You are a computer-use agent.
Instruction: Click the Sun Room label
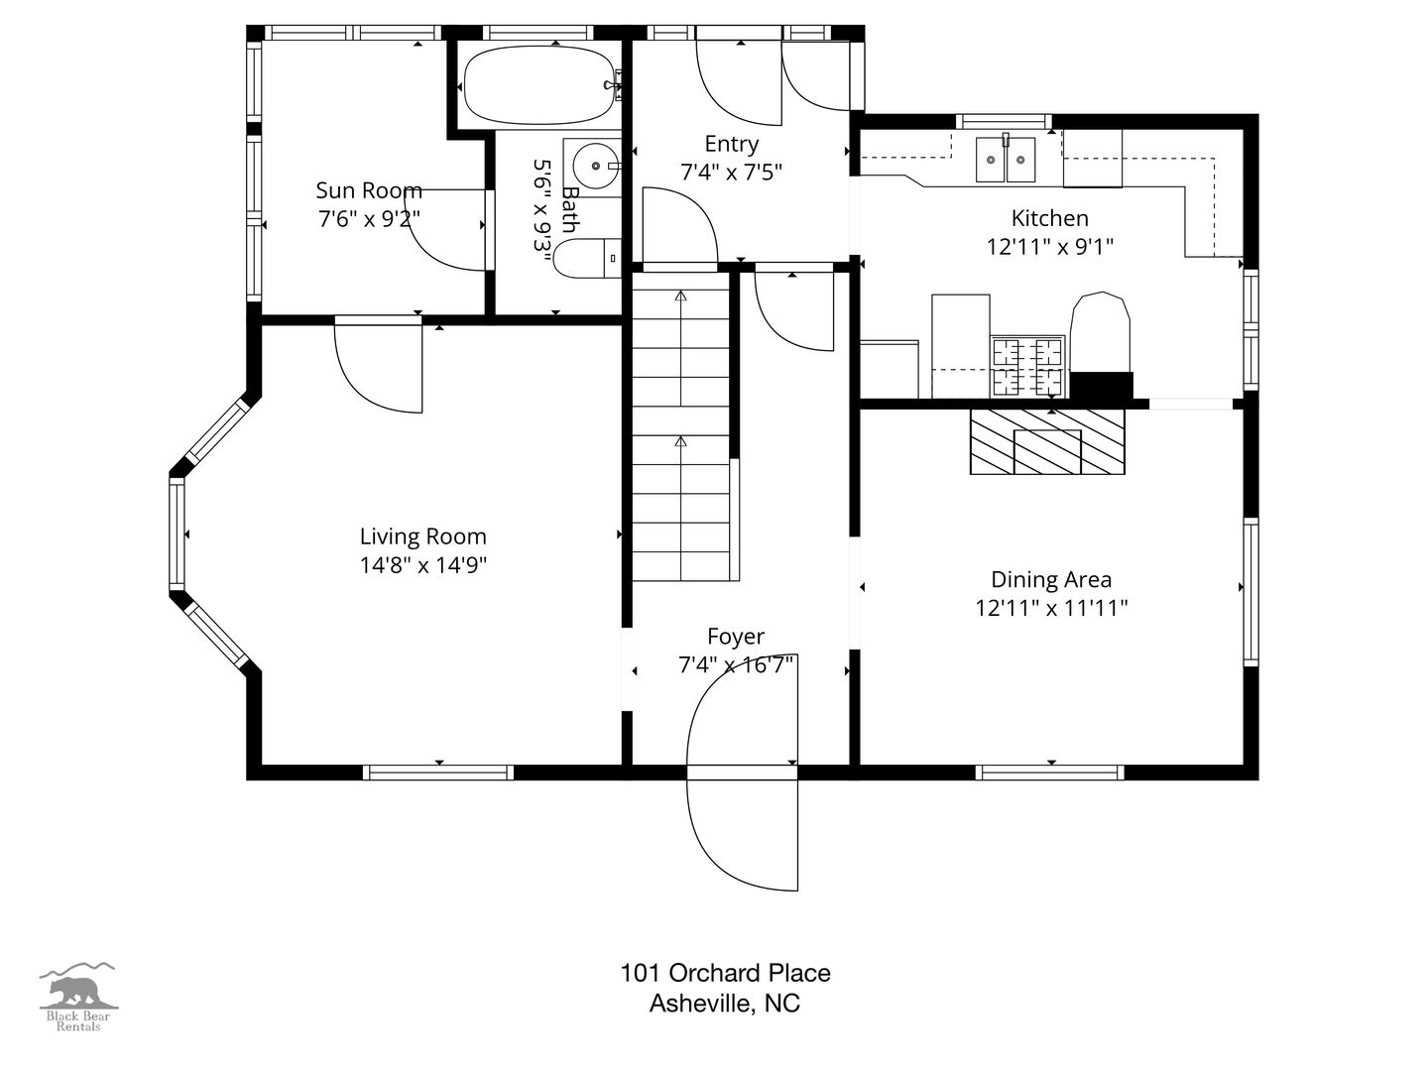(369, 190)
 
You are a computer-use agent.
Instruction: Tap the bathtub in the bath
(539, 85)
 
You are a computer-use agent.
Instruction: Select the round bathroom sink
(595, 167)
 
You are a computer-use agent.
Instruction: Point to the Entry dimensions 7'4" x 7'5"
(731, 173)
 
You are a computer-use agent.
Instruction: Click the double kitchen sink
(1006, 160)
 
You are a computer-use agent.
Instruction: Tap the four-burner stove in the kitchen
(1027, 367)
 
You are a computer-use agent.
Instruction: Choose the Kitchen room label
(1049, 218)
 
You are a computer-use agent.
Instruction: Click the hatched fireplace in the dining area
(1047, 441)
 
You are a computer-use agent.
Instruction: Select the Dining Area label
(1050, 579)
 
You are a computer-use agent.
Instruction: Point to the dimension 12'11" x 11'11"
(1050, 608)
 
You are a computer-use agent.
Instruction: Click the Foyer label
(736, 636)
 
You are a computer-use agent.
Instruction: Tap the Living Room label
(422, 536)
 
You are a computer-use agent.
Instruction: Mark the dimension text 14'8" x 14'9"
(422, 565)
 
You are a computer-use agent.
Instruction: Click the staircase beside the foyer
(681, 426)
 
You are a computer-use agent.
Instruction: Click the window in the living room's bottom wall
(438, 772)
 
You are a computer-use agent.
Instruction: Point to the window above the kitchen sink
(1004, 121)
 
